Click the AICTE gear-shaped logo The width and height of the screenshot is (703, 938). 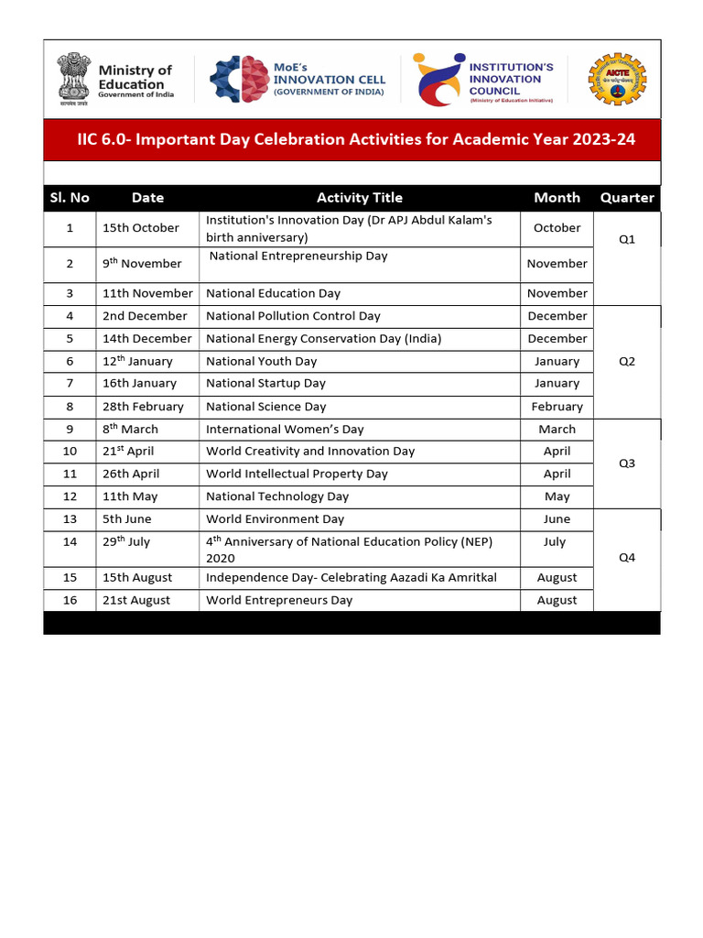click(x=617, y=79)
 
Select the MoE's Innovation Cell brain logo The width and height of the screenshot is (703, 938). click(x=238, y=79)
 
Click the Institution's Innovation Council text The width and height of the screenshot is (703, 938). click(x=512, y=79)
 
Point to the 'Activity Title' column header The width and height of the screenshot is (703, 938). click(x=359, y=198)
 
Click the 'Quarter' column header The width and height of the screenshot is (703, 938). click(x=627, y=198)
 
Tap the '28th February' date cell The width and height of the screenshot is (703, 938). click(x=143, y=407)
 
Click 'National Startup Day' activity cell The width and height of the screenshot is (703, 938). click(x=265, y=384)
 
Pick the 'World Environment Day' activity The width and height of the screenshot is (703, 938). click(x=275, y=519)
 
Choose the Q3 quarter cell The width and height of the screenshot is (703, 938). click(x=627, y=464)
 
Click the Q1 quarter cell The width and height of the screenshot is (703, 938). click(x=627, y=239)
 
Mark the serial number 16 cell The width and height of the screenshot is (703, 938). click(x=70, y=601)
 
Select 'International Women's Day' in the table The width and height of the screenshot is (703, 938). click(x=285, y=430)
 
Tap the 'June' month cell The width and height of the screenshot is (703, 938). click(x=557, y=519)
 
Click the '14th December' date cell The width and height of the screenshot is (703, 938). click(x=146, y=339)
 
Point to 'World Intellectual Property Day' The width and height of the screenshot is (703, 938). click(x=297, y=474)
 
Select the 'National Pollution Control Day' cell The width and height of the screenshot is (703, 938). click(x=293, y=316)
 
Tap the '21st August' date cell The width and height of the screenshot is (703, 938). click(x=136, y=601)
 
